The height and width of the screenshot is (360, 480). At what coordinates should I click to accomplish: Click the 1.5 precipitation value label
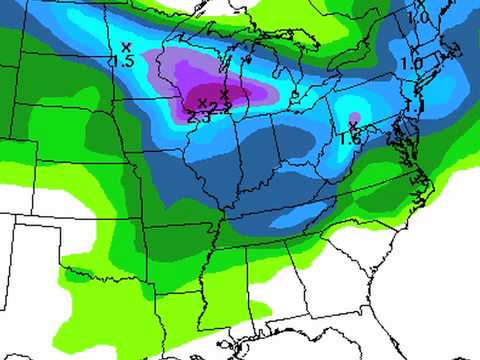(123, 62)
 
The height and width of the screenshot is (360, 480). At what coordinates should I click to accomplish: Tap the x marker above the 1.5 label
(125, 46)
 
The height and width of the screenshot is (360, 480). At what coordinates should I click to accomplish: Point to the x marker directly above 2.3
(202, 102)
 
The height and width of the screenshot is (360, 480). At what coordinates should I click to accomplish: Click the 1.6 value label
(350, 139)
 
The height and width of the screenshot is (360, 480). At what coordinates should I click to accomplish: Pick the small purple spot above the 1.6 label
(353, 122)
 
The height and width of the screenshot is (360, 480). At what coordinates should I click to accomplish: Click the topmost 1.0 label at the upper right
(418, 18)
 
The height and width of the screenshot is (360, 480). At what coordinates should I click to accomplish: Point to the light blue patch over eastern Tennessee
(300, 215)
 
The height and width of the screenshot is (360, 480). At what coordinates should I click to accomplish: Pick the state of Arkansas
(180, 240)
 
